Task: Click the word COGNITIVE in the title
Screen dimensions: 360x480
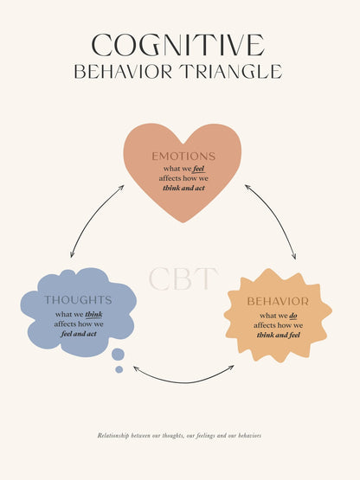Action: click(x=177, y=45)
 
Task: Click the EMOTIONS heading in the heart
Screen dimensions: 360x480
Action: click(x=183, y=157)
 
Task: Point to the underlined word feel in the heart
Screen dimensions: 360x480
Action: click(x=199, y=169)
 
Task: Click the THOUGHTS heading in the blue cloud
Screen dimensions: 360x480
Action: click(x=78, y=300)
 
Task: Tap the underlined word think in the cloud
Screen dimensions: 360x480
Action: click(x=93, y=315)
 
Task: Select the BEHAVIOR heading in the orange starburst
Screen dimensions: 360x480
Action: click(x=278, y=302)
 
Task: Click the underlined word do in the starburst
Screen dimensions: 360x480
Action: click(x=293, y=316)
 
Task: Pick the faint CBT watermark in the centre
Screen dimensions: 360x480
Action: click(x=183, y=278)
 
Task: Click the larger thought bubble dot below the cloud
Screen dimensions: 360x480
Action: click(x=118, y=355)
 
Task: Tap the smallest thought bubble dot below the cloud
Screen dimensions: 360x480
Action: click(x=119, y=369)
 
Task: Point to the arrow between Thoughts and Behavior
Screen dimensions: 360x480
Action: click(x=183, y=382)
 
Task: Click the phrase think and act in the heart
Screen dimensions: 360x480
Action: click(x=183, y=188)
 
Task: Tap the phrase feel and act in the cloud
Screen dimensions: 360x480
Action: click(x=79, y=334)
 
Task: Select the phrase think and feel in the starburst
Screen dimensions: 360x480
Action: click(x=278, y=335)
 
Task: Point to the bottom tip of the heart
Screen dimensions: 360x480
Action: click(x=183, y=222)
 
